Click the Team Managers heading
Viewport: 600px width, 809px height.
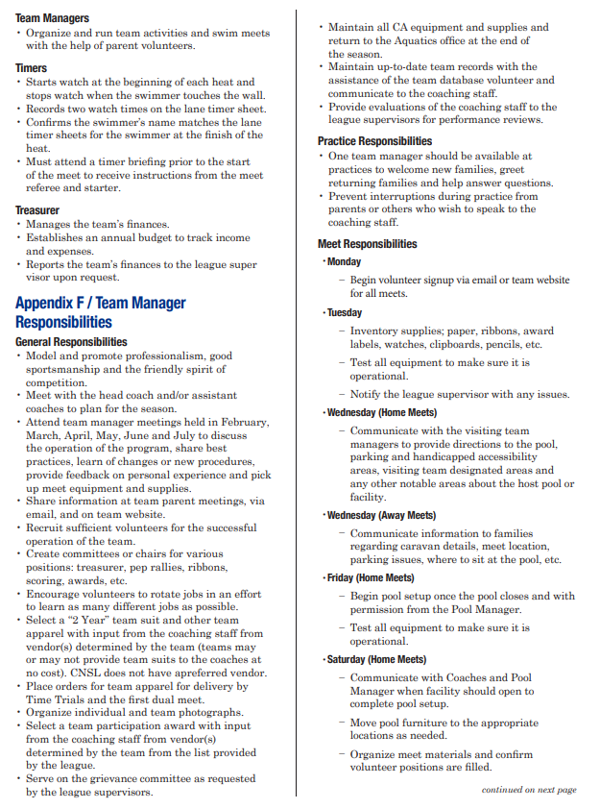(52, 18)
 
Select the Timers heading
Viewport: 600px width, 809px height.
(32, 68)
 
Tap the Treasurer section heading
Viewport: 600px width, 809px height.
(37, 209)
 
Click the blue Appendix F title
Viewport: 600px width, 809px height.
(101, 312)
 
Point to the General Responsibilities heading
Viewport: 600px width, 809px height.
(71, 342)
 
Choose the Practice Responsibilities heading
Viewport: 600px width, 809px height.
(374, 141)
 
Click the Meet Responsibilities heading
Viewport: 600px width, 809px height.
(368, 244)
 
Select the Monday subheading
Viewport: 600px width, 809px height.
(344, 261)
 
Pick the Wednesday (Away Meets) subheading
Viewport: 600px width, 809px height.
(381, 515)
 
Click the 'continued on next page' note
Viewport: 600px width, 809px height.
(529, 790)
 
